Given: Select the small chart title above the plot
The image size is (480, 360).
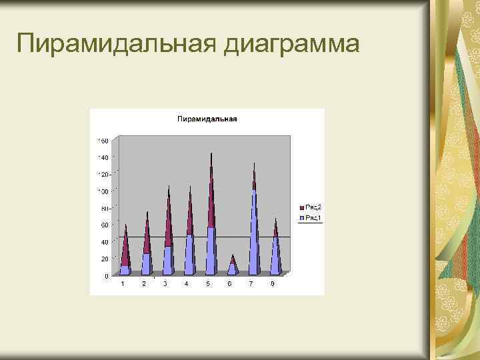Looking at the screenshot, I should coord(207,119).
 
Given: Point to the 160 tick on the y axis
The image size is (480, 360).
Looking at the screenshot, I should coord(103,141).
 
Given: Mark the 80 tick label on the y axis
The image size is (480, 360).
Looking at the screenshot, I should coord(105,209).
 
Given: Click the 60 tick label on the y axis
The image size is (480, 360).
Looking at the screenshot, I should coord(105,225).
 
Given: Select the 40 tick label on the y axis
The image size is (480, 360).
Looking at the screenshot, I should coord(105,242).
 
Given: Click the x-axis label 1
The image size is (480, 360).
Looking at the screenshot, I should coord(122,284).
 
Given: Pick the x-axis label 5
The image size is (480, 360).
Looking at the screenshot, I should coord(208,284).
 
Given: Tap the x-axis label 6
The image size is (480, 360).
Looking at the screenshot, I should coord(229,284).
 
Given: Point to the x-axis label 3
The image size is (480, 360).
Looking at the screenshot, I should coord(165,284).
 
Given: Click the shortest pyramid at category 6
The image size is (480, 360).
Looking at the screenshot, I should coord(232,267).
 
